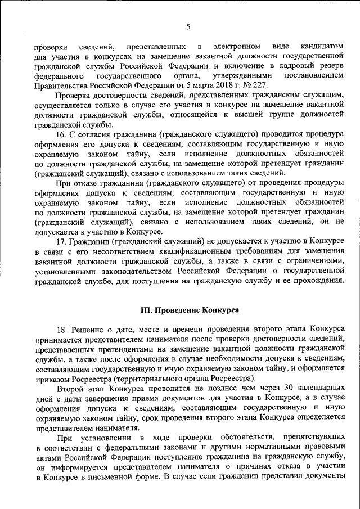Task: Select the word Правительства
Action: coord(59,86)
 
